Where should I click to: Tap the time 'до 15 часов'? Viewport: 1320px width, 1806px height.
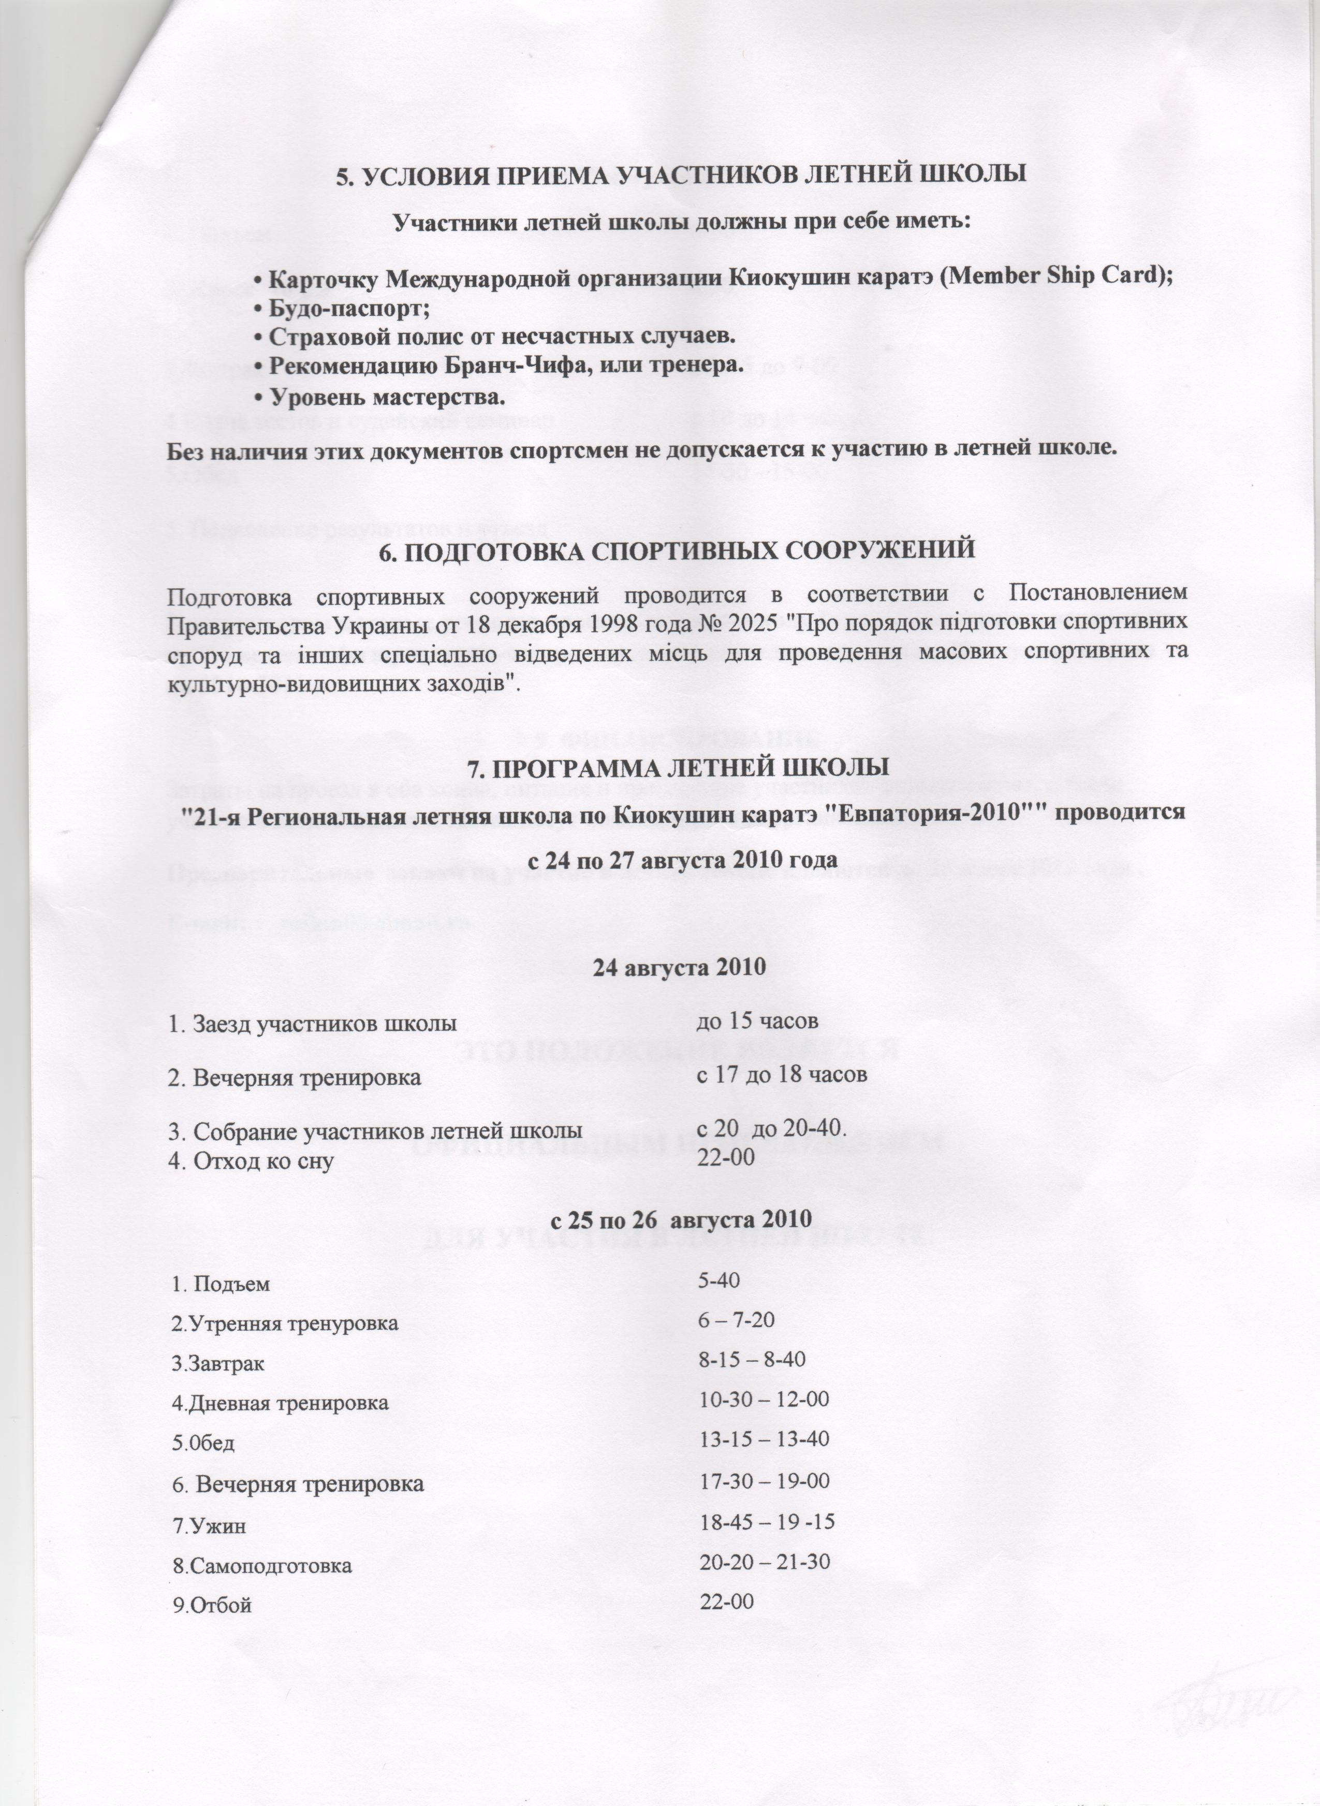pos(757,1021)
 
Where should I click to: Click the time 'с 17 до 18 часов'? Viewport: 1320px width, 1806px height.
pos(782,1075)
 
